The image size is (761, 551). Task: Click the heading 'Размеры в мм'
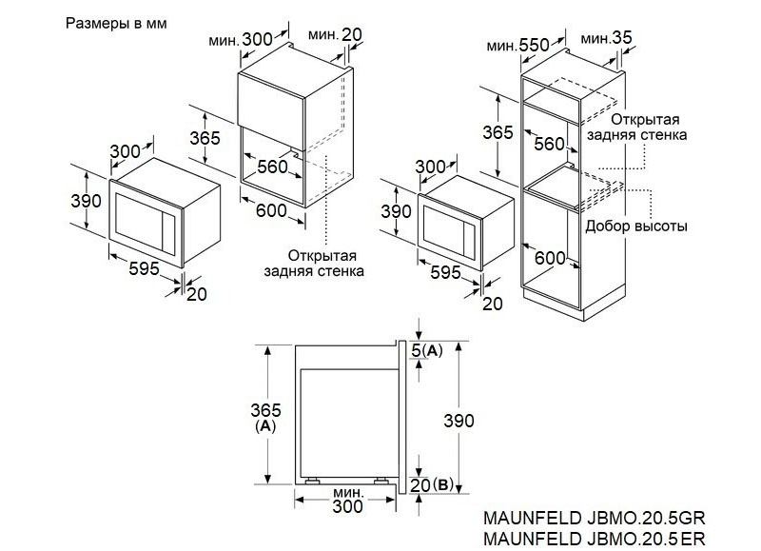pyautogui.click(x=116, y=23)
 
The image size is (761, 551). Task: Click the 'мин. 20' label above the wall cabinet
pyautogui.click(x=335, y=34)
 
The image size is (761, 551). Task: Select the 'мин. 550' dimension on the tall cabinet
pyautogui.click(x=517, y=45)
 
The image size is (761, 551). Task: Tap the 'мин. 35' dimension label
pyautogui.click(x=606, y=37)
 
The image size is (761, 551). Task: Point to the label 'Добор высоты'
pyautogui.click(x=635, y=226)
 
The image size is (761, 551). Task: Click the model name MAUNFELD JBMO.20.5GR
pyautogui.click(x=594, y=518)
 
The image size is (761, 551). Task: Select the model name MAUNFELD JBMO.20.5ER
pyautogui.click(x=594, y=538)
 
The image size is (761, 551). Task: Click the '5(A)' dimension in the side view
pyautogui.click(x=427, y=350)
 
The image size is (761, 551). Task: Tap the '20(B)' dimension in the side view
pyautogui.click(x=432, y=484)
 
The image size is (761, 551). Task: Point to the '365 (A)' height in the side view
pyautogui.click(x=265, y=417)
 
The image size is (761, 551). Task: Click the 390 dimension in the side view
pyautogui.click(x=459, y=421)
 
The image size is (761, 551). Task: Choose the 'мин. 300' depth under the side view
pyautogui.click(x=347, y=500)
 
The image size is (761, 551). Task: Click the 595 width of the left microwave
pyautogui.click(x=145, y=268)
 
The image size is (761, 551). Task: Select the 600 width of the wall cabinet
pyautogui.click(x=271, y=210)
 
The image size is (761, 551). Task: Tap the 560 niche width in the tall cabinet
pyautogui.click(x=550, y=144)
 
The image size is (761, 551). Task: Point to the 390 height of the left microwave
pyautogui.click(x=86, y=201)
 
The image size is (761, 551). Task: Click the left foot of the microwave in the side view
pyautogui.click(x=312, y=482)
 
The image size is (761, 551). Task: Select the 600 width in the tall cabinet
pyautogui.click(x=550, y=258)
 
